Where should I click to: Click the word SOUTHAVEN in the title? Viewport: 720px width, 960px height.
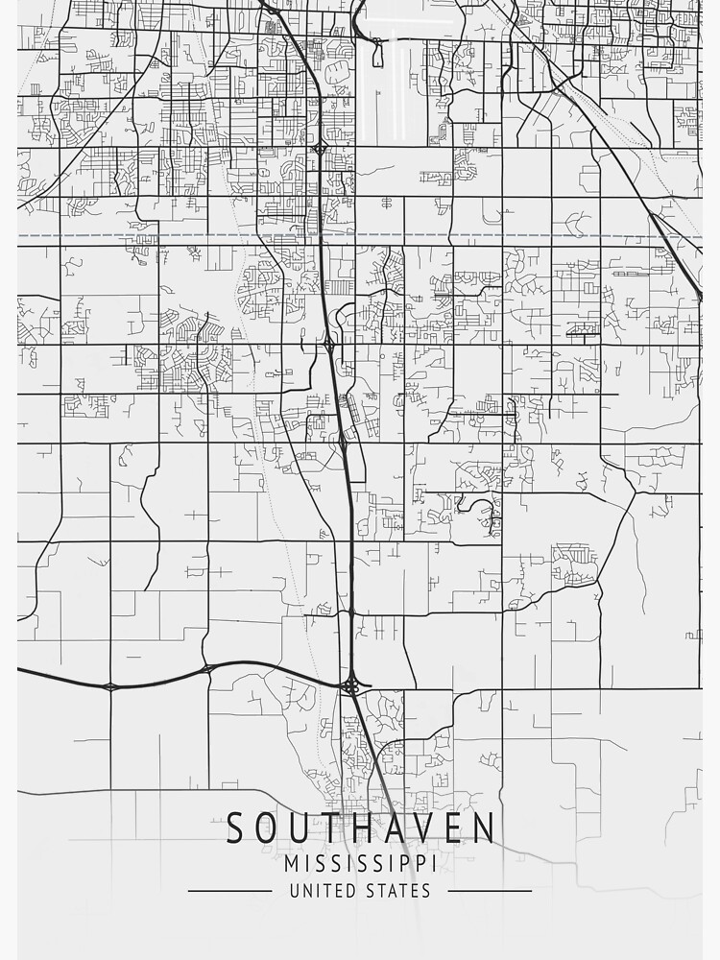pos(361,828)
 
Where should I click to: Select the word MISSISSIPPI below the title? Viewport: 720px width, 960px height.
pos(360,864)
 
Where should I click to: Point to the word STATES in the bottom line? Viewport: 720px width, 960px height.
pos(398,891)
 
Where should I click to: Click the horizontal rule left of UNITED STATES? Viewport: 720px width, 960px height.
pos(231,891)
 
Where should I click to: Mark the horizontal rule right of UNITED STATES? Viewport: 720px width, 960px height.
pos(489,891)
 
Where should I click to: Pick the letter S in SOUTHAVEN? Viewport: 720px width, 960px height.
pos(236,828)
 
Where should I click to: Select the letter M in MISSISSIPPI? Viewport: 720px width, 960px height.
pos(294,864)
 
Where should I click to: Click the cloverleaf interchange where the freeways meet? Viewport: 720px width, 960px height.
pos(350,684)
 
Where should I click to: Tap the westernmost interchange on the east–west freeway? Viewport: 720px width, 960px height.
pos(110,685)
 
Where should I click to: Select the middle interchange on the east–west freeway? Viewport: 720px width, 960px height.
pos(207,666)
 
